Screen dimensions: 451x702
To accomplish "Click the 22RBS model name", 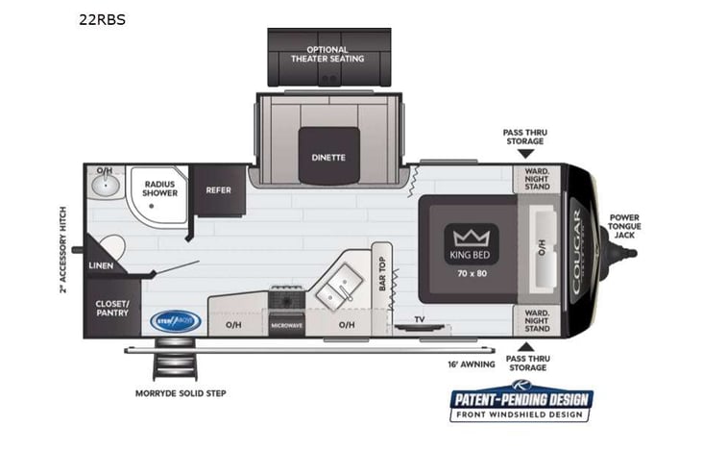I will pos(103,18).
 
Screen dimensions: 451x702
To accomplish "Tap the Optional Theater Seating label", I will pos(327,54).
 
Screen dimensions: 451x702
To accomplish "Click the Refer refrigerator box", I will pos(218,190).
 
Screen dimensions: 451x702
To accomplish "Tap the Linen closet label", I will pos(102,264).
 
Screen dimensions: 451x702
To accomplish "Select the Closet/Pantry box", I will pos(111,308).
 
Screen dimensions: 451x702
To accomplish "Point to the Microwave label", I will pos(285,325).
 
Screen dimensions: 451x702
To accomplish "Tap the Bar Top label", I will pos(380,275).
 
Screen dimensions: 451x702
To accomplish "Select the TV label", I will pos(419,318).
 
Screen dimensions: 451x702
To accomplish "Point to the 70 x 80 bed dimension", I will pos(467,273).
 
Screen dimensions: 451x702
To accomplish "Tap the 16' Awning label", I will pos(471,364).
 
